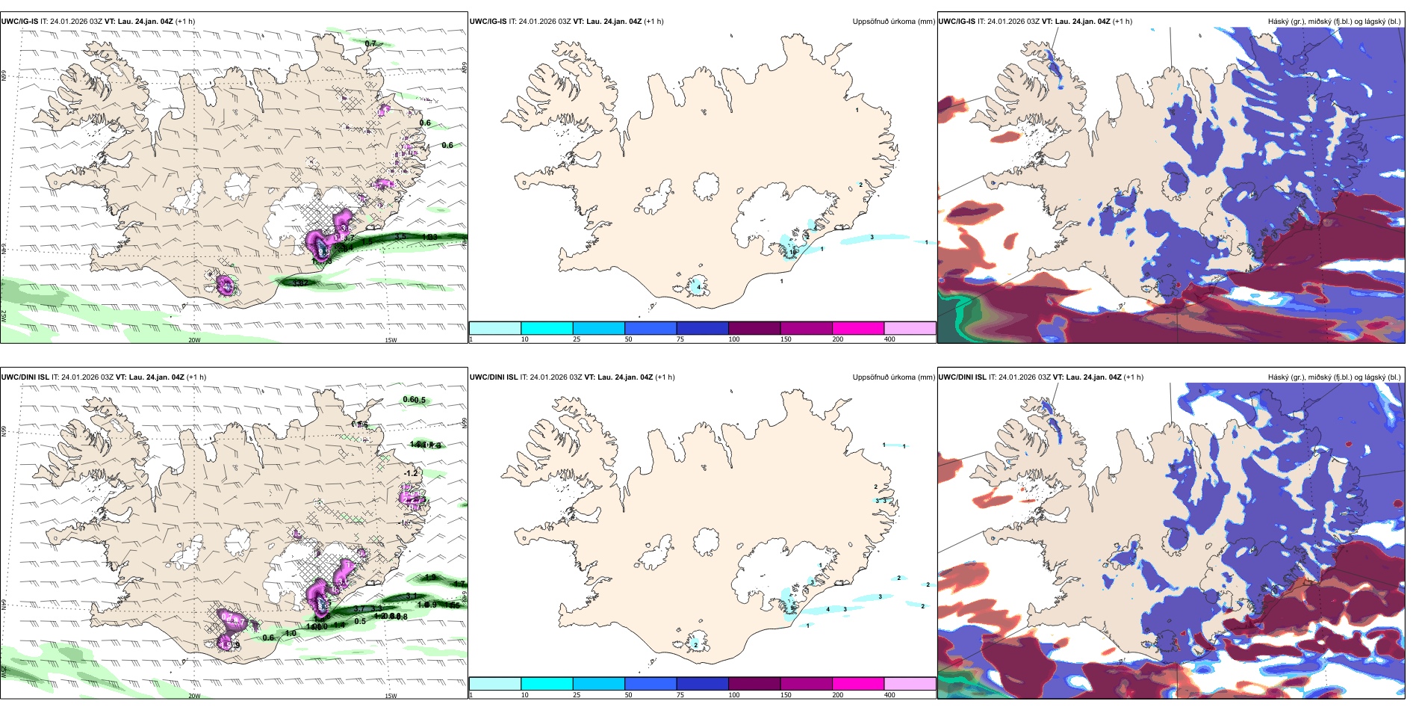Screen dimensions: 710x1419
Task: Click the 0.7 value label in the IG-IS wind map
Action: point(370,44)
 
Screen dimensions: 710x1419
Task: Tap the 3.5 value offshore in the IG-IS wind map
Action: point(400,237)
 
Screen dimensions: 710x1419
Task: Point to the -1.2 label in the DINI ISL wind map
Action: point(411,474)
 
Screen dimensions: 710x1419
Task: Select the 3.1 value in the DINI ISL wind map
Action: point(412,596)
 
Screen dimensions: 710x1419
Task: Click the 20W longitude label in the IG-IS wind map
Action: point(194,340)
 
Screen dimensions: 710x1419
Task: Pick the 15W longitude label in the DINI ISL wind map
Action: point(391,696)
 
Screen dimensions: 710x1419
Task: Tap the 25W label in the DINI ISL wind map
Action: point(4,673)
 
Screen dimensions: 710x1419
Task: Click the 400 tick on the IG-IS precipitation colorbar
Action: point(889,339)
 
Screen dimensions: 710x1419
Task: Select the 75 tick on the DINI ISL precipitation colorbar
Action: point(680,695)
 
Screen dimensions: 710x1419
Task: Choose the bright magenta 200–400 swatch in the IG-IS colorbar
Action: point(858,328)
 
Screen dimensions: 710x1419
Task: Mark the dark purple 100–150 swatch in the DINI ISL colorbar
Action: point(754,684)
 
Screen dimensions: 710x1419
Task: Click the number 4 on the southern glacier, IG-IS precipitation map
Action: point(698,287)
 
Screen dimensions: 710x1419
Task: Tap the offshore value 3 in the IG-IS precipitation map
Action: point(872,238)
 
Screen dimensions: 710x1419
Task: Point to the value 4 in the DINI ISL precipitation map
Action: point(828,610)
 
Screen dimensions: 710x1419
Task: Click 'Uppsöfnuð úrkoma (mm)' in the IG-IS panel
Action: point(893,22)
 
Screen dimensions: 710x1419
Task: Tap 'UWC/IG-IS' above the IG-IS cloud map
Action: point(957,22)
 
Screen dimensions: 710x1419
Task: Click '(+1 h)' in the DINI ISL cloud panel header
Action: point(1133,377)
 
